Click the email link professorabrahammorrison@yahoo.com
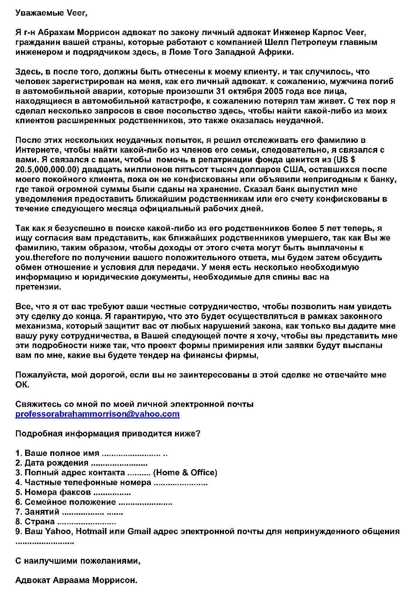tap(97, 414)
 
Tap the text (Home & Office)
tap(185, 473)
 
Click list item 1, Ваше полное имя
tap(58, 453)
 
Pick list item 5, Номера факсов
tap(53, 492)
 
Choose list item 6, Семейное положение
tap(66, 502)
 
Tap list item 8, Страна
tap(35, 521)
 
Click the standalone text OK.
tap(22, 385)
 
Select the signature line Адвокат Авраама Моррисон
tap(76, 580)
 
